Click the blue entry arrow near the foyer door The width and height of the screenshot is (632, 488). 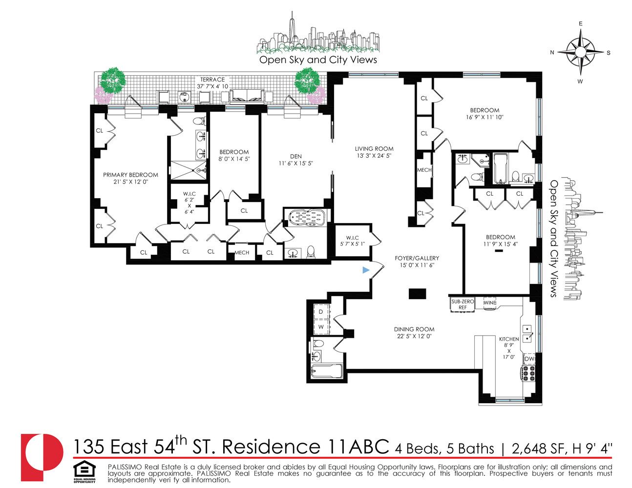pyautogui.click(x=366, y=270)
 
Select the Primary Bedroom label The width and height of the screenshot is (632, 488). pyautogui.click(x=130, y=175)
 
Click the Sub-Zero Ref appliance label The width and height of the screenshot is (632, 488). pyautogui.click(x=462, y=305)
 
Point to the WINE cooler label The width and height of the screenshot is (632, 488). pyautogui.click(x=489, y=303)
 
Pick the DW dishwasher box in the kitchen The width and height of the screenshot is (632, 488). pyautogui.click(x=529, y=359)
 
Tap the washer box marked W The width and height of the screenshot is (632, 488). pyautogui.click(x=321, y=326)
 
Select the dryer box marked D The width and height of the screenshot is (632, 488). pyautogui.click(x=321, y=311)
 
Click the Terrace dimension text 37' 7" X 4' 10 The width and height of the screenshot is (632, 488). pyautogui.click(x=212, y=86)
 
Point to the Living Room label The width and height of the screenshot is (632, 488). pyautogui.click(x=374, y=149)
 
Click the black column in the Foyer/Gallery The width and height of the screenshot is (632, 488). pyautogui.click(x=417, y=294)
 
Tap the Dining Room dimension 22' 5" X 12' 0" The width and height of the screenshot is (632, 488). pyautogui.click(x=414, y=336)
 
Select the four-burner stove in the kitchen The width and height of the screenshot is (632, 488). pyautogui.click(x=529, y=373)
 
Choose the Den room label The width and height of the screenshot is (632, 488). pyautogui.click(x=295, y=157)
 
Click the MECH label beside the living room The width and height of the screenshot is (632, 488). pyautogui.click(x=424, y=170)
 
